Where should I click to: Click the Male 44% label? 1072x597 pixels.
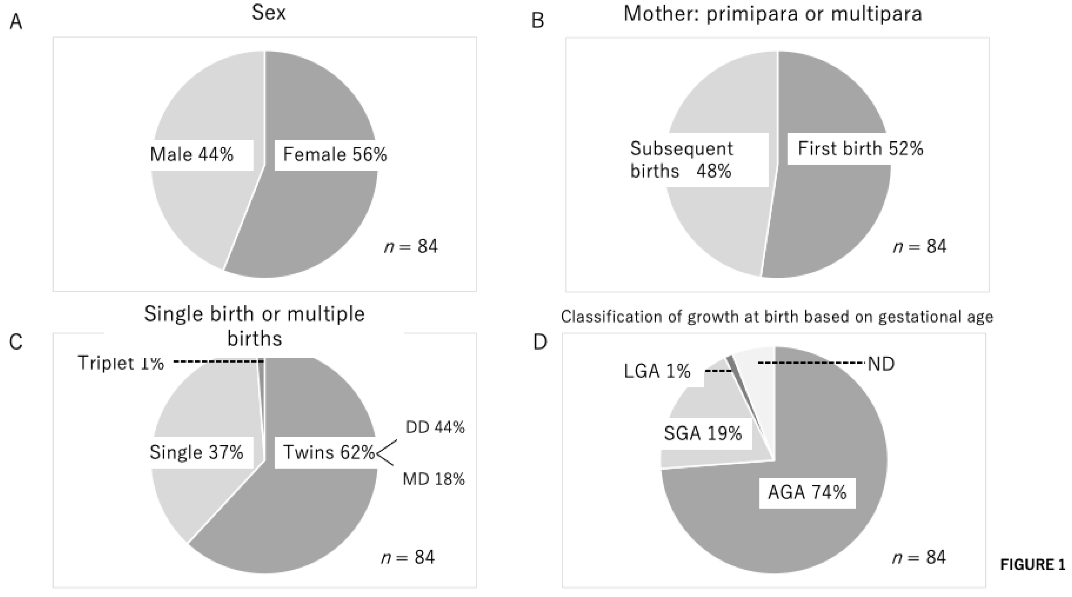pyautogui.click(x=192, y=155)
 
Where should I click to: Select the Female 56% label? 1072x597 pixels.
pyautogui.click(x=335, y=155)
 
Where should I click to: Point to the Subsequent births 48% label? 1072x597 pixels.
pyautogui.click(x=682, y=160)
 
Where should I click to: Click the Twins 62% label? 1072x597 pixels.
pyautogui.click(x=329, y=452)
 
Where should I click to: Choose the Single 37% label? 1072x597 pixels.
pyautogui.click(x=196, y=452)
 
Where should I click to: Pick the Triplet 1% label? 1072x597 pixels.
pyautogui.click(x=121, y=363)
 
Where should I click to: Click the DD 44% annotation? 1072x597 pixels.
pyautogui.click(x=435, y=427)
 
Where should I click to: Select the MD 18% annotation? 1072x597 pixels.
pyautogui.click(x=434, y=479)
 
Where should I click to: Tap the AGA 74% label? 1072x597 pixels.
pyautogui.click(x=807, y=492)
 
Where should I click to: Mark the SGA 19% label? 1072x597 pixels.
pyautogui.click(x=703, y=434)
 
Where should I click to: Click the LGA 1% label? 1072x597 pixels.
pyautogui.click(x=657, y=371)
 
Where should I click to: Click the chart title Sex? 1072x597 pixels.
pyautogui.click(x=269, y=13)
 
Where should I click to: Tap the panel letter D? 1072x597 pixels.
pyautogui.click(x=540, y=342)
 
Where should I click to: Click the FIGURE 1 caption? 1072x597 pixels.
pyautogui.click(x=1033, y=565)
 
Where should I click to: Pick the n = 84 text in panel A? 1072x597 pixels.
pyautogui.click(x=411, y=246)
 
